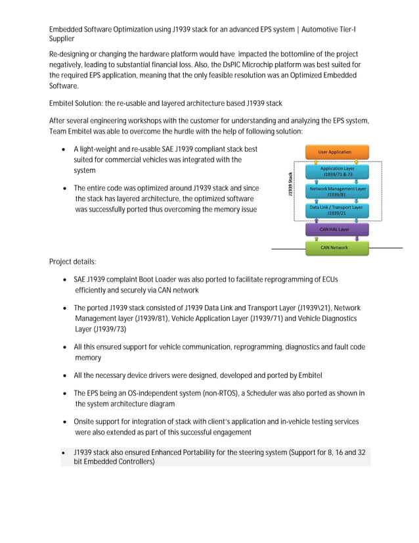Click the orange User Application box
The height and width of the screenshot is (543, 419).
point(334,152)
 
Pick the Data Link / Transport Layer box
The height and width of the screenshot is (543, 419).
point(336,210)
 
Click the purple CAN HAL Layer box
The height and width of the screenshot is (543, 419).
point(334,229)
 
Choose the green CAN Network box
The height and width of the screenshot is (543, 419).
point(334,248)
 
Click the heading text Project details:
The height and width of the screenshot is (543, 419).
point(72,262)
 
